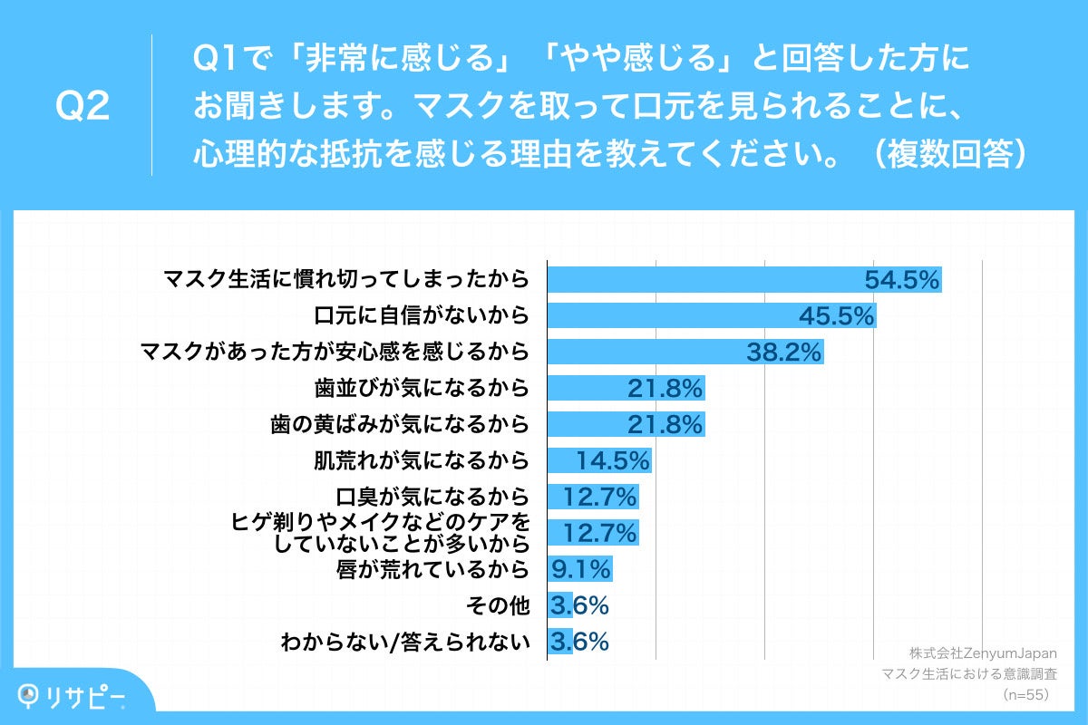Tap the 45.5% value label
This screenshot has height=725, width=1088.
tap(836, 315)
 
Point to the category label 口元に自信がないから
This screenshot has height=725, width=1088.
tap(422, 315)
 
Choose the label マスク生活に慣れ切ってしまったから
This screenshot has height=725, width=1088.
tap(345, 279)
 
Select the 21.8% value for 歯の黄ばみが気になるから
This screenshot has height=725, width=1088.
tap(665, 424)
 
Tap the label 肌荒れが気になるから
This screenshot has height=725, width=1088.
tap(420, 460)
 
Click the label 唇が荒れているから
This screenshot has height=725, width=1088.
tap(432, 569)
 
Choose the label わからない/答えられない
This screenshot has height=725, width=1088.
tap(404, 642)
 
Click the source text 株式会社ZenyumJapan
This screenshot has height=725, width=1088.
tap(983, 653)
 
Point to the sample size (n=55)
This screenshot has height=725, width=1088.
tap(1025, 694)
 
